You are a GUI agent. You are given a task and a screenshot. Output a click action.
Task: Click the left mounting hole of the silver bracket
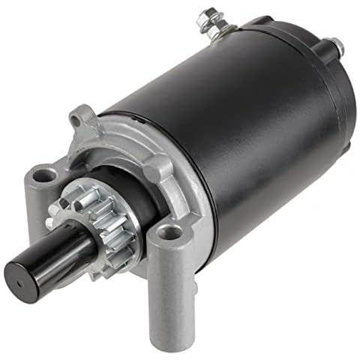pos(44,176)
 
